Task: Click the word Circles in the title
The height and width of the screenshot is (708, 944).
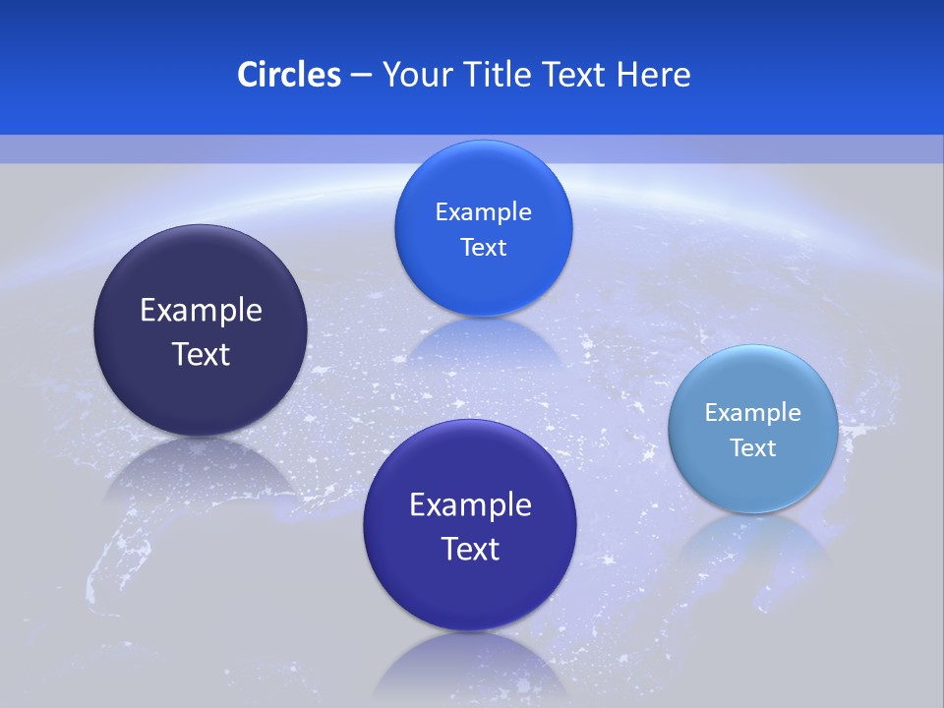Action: click(x=288, y=74)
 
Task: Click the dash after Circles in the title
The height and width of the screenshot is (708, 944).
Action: click(x=361, y=75)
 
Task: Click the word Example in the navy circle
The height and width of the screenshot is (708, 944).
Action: click(x=201, y=310)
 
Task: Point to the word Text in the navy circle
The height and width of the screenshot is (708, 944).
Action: click(x=201, y=354)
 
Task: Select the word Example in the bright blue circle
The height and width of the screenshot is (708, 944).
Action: click(x=483, y=211)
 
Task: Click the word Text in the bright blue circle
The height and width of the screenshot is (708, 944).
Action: click(x=483, y=247)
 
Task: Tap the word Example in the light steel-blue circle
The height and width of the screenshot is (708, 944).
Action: click(x=752, y=412)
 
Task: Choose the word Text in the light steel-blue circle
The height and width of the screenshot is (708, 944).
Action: click(x=752, y=447)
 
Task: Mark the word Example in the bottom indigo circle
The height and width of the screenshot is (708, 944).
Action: click(x=470, y=504)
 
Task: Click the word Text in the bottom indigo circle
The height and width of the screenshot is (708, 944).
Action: click(x=470, y=549)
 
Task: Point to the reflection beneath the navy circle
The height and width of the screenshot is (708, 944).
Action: click(x=201, y=472)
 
